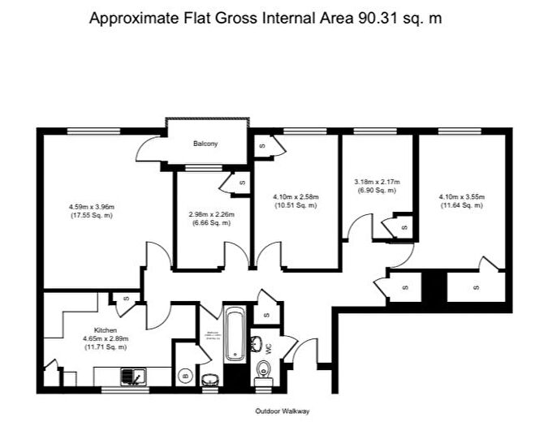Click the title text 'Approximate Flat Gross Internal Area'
[220, 18]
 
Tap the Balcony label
[205, 144]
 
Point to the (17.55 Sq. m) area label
[90, 216]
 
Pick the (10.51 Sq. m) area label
[296, 205]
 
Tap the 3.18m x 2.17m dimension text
[377, 181]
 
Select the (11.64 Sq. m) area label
[461, 205]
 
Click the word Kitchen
[106, 330]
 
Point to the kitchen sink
[132, 377]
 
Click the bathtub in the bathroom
[234, 333]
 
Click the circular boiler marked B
[185, 374]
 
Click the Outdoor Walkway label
[282, 411]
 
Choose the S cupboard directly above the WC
[267, 313]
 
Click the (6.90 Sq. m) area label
[377, 190]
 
